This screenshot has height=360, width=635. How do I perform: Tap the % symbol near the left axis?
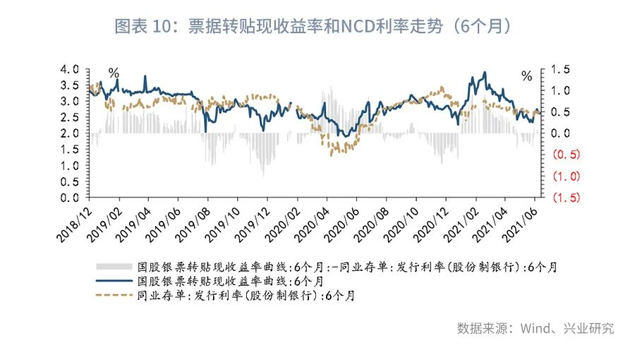114,73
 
